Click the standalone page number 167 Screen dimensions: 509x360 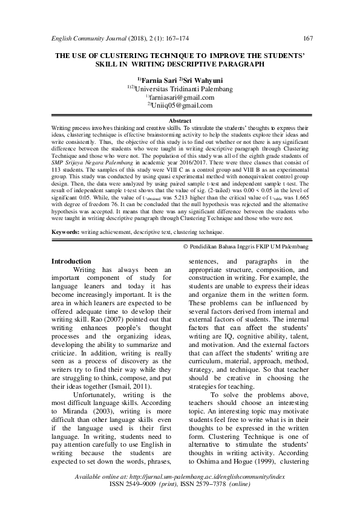coord(307,39)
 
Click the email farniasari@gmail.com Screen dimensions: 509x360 coord(182,97)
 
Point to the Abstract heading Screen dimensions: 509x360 coord(180,121)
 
